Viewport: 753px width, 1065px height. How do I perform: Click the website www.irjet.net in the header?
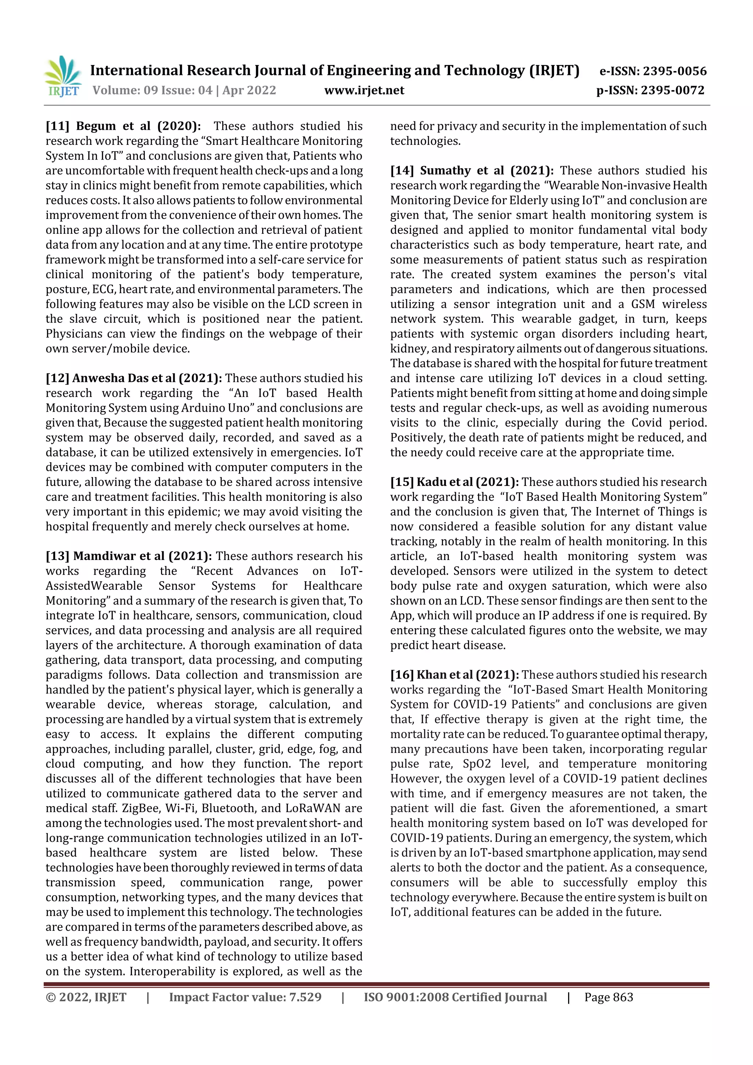[364, 90]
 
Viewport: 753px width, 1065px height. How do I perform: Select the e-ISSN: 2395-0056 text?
[653, 71]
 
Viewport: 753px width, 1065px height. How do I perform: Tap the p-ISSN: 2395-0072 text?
[650, 90]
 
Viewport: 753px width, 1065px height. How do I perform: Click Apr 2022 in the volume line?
[249, 90]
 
